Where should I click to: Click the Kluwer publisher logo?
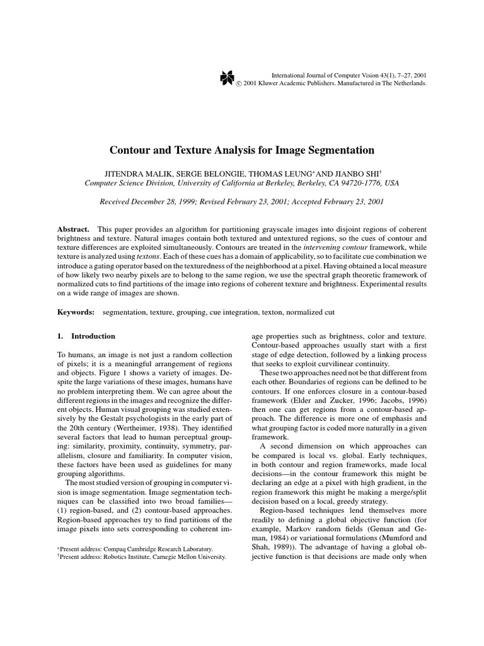tap(227, 78)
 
